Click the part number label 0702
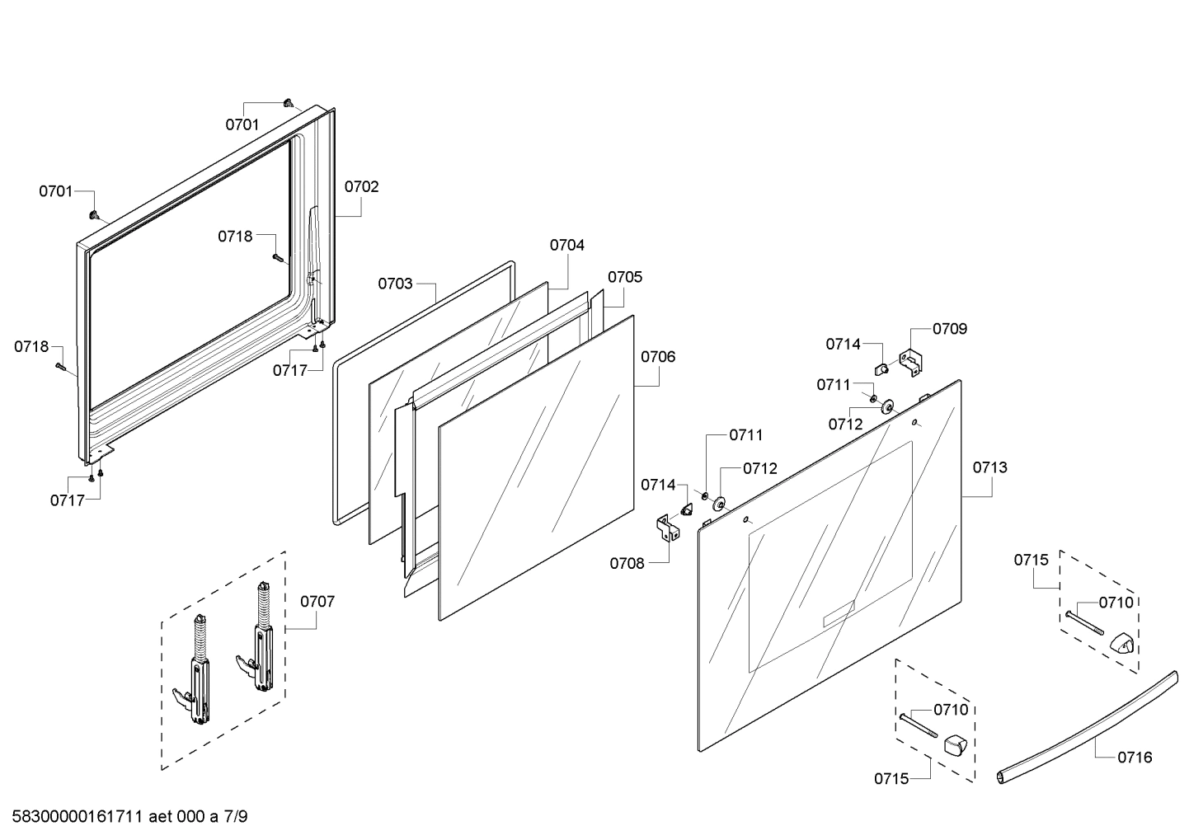coord(361,186)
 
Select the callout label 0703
coord(395,284)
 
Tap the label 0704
coord(567,245)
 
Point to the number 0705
coord(625,277)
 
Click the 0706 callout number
coord(658,356)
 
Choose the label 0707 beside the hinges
coord(317,601)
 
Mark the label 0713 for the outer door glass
coord(989,467)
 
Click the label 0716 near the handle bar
coord(1135,757)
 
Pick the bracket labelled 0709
coord(911,364)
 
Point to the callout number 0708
coord(627,564)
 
